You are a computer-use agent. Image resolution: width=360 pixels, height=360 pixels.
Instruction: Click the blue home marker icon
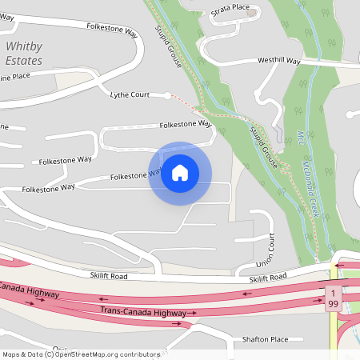coord(180,173)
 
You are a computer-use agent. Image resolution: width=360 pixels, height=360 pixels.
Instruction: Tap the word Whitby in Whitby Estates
coord(23,46)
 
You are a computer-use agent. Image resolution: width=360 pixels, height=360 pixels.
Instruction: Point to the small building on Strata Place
coord(253,13)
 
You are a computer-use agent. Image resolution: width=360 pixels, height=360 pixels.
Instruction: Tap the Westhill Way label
coord(278,61)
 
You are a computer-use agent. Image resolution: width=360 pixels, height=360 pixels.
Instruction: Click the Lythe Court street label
coord(130,94)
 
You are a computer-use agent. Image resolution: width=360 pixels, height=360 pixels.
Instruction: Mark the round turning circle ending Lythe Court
coord(167,95)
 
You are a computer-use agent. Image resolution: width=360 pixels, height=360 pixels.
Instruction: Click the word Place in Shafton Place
coord(278,339)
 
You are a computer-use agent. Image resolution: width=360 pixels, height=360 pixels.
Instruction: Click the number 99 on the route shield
coord(333,305)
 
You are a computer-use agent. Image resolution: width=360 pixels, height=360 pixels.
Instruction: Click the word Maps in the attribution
coord(10,354)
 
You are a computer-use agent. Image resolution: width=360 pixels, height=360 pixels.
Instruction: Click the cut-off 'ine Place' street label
coord(15,76)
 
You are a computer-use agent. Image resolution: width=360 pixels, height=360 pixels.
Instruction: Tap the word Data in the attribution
coord(33,354)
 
